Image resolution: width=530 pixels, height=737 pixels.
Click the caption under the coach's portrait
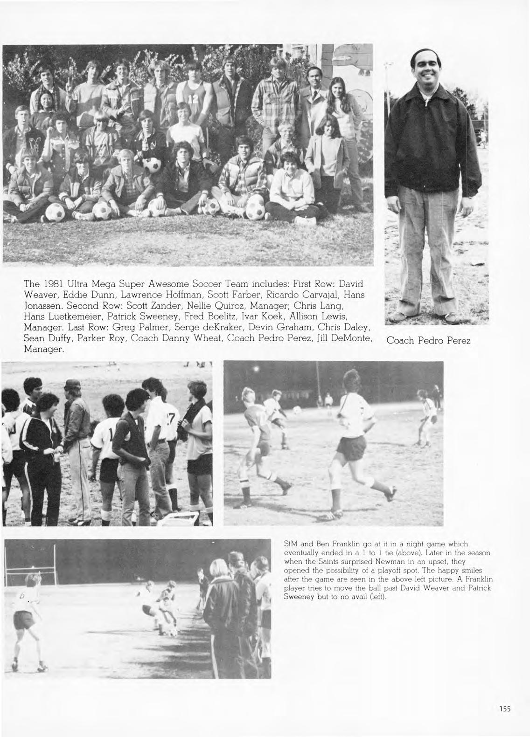pos(428,341)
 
